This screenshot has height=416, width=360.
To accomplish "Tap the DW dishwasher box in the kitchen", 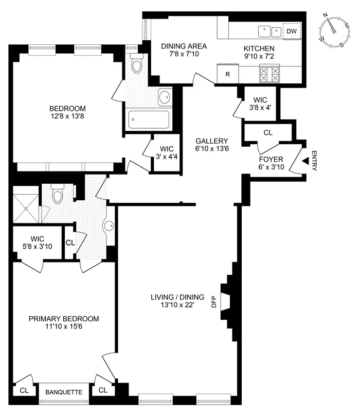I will click(x=292, y=31).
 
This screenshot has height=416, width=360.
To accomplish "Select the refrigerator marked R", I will click(x=227, y=74).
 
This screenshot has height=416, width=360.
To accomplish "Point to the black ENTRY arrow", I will click(x=304, y=161).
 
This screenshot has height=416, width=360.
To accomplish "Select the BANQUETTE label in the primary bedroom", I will click(x=64, y=392).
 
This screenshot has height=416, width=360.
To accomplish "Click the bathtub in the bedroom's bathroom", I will click(x=149, y=120).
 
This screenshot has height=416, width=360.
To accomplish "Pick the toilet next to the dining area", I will click(x=137, y=64).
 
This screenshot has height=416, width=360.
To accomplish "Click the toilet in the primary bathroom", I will click(x=57, y=194).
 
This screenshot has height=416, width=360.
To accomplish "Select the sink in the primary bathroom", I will click(x=109, y=225).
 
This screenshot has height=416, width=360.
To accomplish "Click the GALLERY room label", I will click(x=211, y=141).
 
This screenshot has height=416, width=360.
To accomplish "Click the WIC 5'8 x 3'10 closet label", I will click(x=37, y=243).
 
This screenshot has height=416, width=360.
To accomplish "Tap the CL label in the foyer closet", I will click(x=267, y=132).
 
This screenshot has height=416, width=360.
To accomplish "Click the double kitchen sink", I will click(x=271, y=31).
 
